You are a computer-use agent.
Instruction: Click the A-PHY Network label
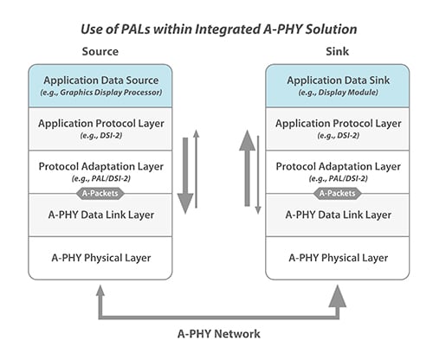[x=216, y=333]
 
